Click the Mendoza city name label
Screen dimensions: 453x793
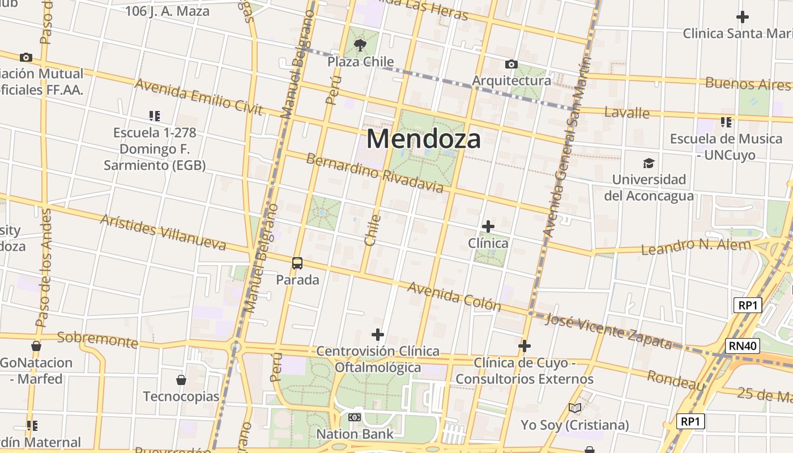pyautogui.click(x=424, y=139)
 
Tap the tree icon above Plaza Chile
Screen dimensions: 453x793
pyautogui.click(x=360, y=45)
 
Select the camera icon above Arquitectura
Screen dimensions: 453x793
pyautogui.click(x=511, y=64)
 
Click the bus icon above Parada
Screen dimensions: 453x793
pyautogui.click(x=297, y=263)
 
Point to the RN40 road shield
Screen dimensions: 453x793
pyautogui.click(x=742, y=346)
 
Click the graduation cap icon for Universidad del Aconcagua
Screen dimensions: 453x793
pyautogui.click(x=649, y=164)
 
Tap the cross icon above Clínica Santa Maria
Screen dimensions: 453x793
pyautogui.click(x=742, y=17)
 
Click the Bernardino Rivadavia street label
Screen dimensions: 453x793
pyautogui.click(x=374, y=173)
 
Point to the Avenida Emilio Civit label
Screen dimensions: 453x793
pyautogui.click(x=199, y=97)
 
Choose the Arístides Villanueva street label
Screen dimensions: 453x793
pyautogui.click(x=163, y=232)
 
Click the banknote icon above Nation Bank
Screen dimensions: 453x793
pyautogui.click(x=355, y=417)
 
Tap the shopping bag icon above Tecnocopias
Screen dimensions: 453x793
pyautogui.click(x=181, y=379)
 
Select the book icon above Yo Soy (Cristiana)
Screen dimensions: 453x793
pyautogui.click(x=575, y=408)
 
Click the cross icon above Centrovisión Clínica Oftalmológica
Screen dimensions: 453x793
pyautogui.click(x=378, y=334)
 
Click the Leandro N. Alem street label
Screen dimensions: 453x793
pyautogui.click(x=696, y=247)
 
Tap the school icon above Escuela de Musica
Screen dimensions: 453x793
pyautogui.click(x=726, y=122)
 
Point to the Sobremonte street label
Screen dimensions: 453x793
pyautogui.click(x=97, y=340)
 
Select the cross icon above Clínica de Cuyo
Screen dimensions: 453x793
pyautogui.click(x=525, y=345)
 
